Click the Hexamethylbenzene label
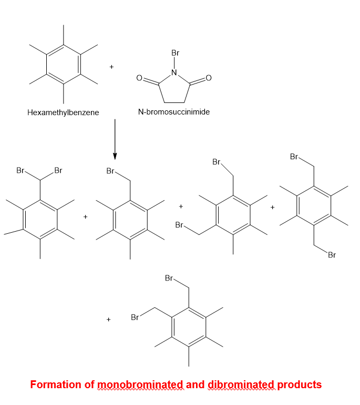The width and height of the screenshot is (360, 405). click(63, 112)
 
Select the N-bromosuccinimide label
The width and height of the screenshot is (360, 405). click(174, 112)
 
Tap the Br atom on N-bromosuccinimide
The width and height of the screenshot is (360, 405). click(176, 53)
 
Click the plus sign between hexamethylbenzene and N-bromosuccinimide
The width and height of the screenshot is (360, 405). click(111, 67)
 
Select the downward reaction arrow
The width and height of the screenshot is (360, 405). click(115, 140)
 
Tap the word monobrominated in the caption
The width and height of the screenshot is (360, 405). click(141, 385)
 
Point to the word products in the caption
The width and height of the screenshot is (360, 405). click(299, 385)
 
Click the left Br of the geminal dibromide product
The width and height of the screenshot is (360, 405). click(21, 171)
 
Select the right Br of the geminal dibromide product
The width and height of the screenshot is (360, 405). click(58, 171)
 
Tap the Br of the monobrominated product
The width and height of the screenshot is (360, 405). click(111, 171)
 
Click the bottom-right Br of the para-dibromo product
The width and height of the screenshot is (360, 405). click(332, 256)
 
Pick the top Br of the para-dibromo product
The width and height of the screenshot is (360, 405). click(294, 157)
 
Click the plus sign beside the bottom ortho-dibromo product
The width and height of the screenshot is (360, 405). click(109, 318)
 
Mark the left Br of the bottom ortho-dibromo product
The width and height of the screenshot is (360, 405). click(135, 318)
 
